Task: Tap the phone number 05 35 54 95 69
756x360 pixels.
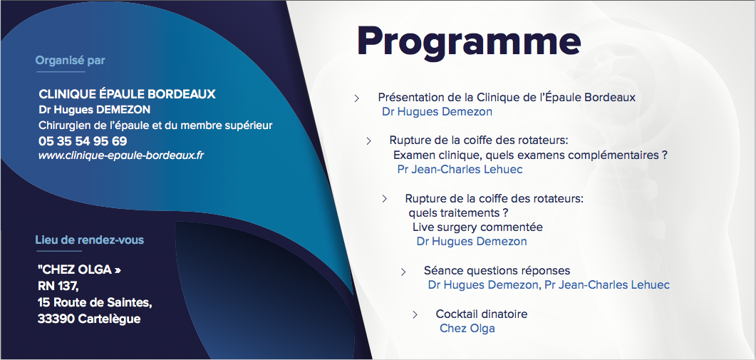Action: pos(83,141)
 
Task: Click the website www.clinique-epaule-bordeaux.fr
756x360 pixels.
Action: pos(121,156)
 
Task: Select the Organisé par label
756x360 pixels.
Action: pos(70,61)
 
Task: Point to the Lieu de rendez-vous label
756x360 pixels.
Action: pos(89,240)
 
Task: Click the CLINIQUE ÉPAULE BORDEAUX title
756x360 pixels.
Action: pos(127,93)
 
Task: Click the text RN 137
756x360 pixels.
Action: pos(58,286)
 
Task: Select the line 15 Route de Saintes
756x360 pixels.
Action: pos(95,302)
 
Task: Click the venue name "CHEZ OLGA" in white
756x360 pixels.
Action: pos(79,269)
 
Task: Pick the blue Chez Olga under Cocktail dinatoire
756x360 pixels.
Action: pos(467,328)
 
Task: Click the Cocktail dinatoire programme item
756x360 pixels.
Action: pos(482,314)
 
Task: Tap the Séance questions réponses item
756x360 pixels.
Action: pos(497,271)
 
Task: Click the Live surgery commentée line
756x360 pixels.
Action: pos(477,227)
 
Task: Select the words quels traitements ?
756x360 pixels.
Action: pos(459,213)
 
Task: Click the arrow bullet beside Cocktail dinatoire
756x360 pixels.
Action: pos(415,315)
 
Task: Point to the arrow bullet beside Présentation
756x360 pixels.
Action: pos(357,98)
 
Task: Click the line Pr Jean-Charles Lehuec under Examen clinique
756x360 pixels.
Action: pos(460,170)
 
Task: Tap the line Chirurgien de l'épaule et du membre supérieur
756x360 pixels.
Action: pos(155,125)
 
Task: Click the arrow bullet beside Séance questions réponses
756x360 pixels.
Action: pos(403,272)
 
